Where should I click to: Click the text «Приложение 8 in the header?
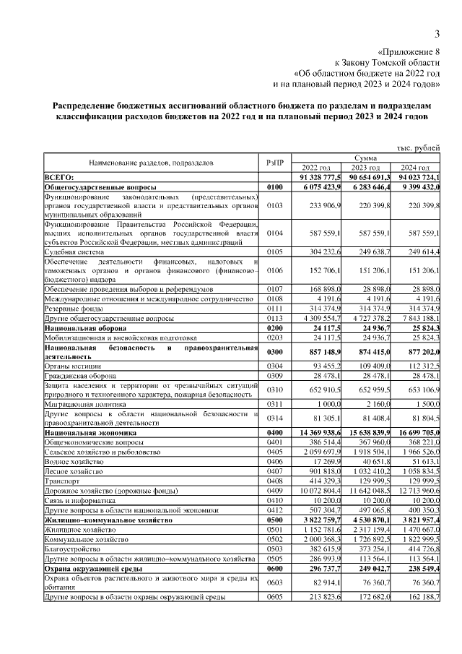tap(409, 52)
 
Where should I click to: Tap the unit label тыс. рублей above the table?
tap(418, 147)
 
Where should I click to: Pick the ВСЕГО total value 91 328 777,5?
tap(318, 176)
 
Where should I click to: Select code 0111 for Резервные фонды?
tap(274, 309)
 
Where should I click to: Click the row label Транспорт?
tap(62, 478)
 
